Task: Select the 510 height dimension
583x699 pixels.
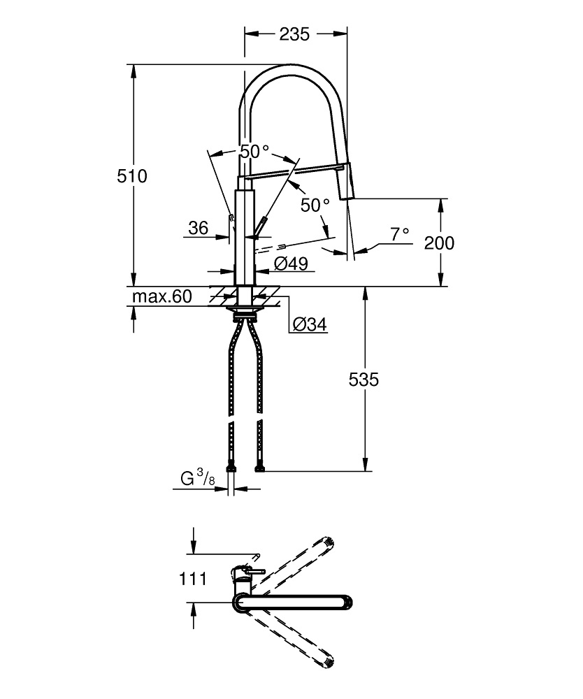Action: coord(131,176)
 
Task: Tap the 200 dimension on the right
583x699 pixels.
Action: coord(439,243)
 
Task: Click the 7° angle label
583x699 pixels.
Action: coord(400,235)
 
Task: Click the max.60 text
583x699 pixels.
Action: coord(162,296)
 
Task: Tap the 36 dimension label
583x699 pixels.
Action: coord(198,228)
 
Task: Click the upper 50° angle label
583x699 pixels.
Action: coord(254,151)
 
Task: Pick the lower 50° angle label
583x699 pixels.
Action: coord(315,206)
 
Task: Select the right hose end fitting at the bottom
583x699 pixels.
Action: coord(260,466)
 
